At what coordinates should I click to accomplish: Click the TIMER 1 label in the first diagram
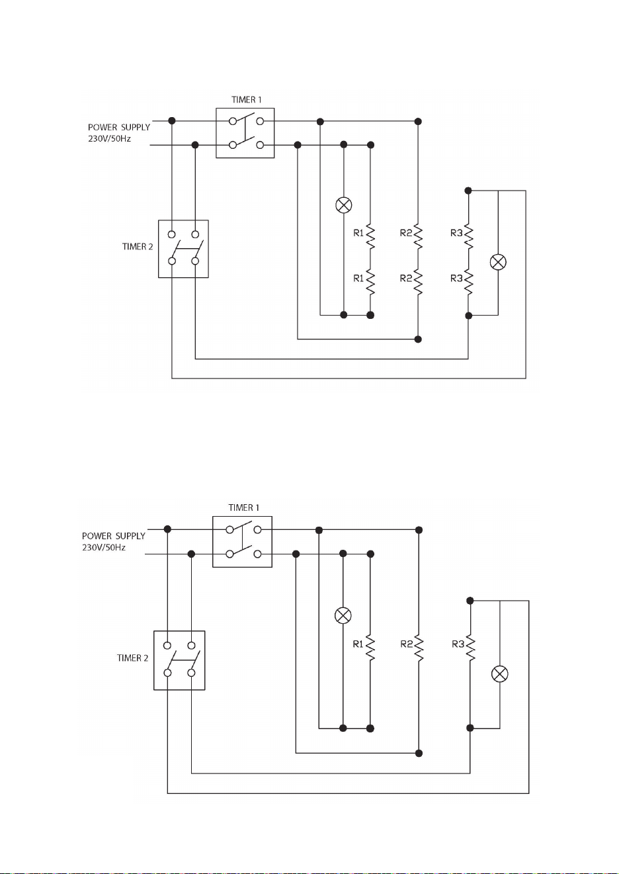pyautogui.click(x=246, y=99)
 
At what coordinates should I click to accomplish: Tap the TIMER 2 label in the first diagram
pyautogui.click(x=138, y=247)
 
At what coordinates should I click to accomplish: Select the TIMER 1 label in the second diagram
pyautogui.click(x=243, y=507)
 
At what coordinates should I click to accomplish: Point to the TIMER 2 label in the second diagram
pyautogui.click(x=133, y=658)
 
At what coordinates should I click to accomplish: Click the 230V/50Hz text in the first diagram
pyautogui.click(x=109, y=139)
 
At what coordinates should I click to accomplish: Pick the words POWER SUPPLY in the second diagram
pyautogui.click(x=114, y=536)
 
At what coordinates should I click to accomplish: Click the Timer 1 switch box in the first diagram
pyautogui.click(x=245, y=133)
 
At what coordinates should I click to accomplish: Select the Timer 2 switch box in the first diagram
pyautogui.click(x=183, y=249)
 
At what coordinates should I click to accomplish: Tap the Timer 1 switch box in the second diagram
pyautogui.click(x=242, y=542)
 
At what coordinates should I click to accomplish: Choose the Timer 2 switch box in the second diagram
pyautogui.click(x=179, y=660)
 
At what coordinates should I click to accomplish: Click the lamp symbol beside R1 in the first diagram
pyautogui.click(x=344, y=205)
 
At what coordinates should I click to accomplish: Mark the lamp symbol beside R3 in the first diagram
pyautogui.click(x=498, y=262)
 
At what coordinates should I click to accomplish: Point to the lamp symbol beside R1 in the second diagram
pyautogui.click(x=343, y=615)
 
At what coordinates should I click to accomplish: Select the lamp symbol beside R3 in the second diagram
pyautogui.click(x=500, y=674)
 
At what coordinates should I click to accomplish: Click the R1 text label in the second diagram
pyautogui.click(x=358, y=644)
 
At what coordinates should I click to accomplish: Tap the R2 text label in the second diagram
pyautogui.click(x=407, y=644)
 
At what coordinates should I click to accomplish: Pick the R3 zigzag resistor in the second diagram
pyautogui.click(x=470, y=648)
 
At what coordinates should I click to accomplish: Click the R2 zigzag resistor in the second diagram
pyautogui.click(x=419, y=648)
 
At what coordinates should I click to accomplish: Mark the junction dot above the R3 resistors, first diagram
pyautogui.click(x=468, y=191)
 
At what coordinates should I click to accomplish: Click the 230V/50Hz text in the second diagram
pyautogui.click(x=104, y=547)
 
